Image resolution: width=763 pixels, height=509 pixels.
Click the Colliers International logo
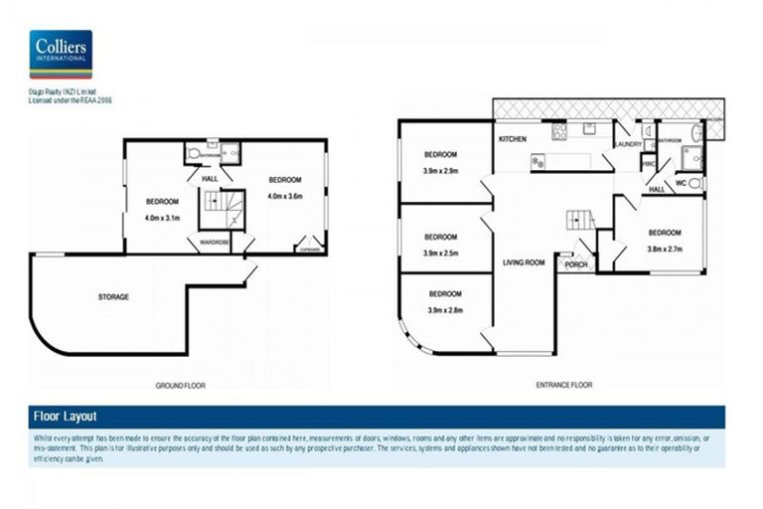coord(61,54)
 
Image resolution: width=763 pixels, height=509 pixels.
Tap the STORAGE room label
coord(112,296)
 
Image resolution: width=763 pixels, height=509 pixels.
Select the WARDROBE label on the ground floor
coord(215,241)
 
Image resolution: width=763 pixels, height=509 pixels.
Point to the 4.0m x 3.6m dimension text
coord(283,196)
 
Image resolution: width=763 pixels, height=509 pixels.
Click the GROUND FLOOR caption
coord(181,384)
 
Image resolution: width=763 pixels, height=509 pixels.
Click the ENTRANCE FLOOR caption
coord(563,384)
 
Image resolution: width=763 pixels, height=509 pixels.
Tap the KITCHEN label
coord(512,138)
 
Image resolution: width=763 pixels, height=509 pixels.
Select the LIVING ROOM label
coord(524,262)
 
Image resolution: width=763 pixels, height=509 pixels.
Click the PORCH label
coord(575,264)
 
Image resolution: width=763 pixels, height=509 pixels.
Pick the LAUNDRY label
coord(628,144)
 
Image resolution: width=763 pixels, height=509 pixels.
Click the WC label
coord(682,183)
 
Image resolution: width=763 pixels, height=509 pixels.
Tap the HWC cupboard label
coord(648,164)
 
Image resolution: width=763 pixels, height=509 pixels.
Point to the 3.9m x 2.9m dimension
coord(440,170)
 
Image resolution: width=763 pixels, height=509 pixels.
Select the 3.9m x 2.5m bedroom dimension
coord(440,254)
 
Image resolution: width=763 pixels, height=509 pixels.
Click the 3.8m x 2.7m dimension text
coord(664,249)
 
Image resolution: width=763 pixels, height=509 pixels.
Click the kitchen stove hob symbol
coord(559,130)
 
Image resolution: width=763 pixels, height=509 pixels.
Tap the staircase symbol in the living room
coord(579,221)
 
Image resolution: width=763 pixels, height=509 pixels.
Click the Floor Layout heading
coord(66,417)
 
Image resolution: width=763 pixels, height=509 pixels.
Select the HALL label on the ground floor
coord(210,178)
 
